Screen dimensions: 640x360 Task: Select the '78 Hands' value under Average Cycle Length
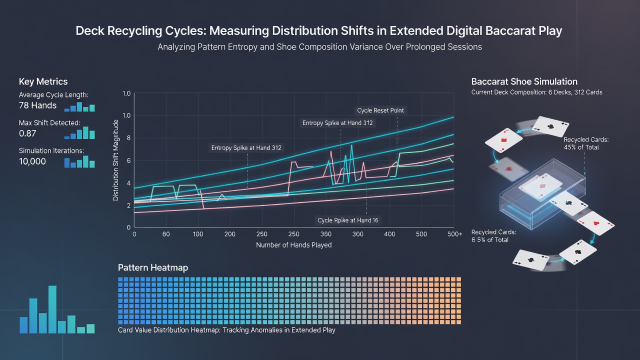point(37,105)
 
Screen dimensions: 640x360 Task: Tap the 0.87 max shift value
point(27,133)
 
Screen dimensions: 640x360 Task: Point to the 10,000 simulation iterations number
point(32,161)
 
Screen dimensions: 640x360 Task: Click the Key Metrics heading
point(43,81)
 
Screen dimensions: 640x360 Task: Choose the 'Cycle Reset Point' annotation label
point(380,110)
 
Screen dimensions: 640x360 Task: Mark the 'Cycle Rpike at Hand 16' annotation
point(347,220)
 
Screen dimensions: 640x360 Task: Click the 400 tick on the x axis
point(389,234)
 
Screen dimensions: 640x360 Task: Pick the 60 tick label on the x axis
point(166,234)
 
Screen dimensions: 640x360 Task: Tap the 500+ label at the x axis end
point(455,234)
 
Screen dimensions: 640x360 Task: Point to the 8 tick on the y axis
point(128,138)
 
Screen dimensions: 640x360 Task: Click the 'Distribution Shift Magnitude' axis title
point(115,160)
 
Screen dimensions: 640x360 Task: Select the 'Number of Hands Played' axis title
point(293,245)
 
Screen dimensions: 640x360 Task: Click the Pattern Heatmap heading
point(153,267)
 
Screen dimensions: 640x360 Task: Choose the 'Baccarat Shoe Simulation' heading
point(524,81)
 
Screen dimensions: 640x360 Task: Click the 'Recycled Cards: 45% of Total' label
point(586,143)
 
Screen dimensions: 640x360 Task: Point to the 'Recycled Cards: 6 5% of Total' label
point(493,236)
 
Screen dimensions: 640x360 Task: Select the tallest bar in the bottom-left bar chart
point(52,309)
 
